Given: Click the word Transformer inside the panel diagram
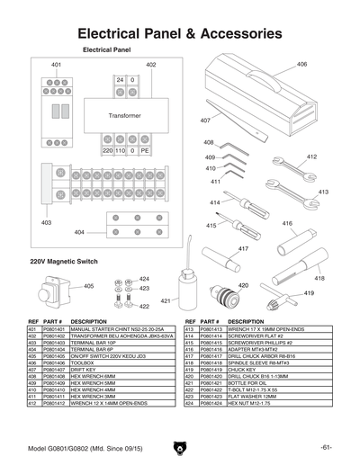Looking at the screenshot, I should (x=125, y=117).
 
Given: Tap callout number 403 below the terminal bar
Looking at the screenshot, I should (x=46, y=221).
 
